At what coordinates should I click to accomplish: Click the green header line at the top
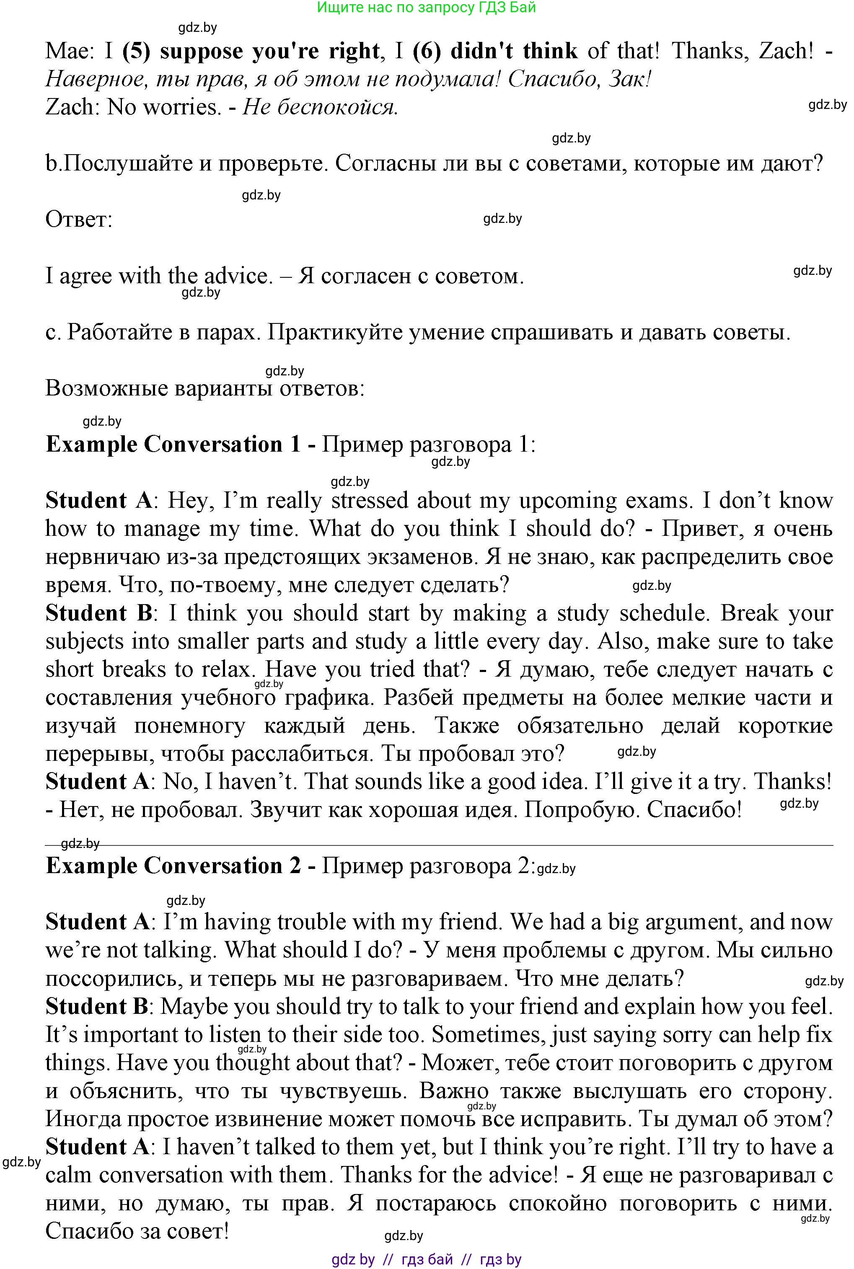point(427,8)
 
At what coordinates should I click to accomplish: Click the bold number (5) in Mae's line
point(136,51)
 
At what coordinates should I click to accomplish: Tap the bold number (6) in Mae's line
point(427,51)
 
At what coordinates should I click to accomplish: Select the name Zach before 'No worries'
point(70,107)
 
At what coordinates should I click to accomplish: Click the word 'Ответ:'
point(78,220)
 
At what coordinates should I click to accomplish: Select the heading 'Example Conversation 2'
point(173,866)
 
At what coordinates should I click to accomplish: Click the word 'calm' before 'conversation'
point(68,1175)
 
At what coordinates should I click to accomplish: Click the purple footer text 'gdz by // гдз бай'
point(427,1260)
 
